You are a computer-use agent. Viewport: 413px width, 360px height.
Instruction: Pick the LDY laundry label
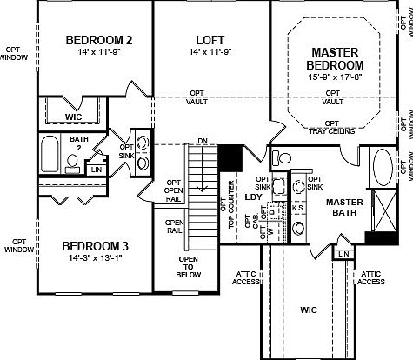(254, 197)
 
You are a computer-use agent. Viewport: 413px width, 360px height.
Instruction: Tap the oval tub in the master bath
(383, 167)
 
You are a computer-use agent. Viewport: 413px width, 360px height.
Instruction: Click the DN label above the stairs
(202, 141)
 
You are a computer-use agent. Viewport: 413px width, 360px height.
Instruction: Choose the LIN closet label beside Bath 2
(96, 170)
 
